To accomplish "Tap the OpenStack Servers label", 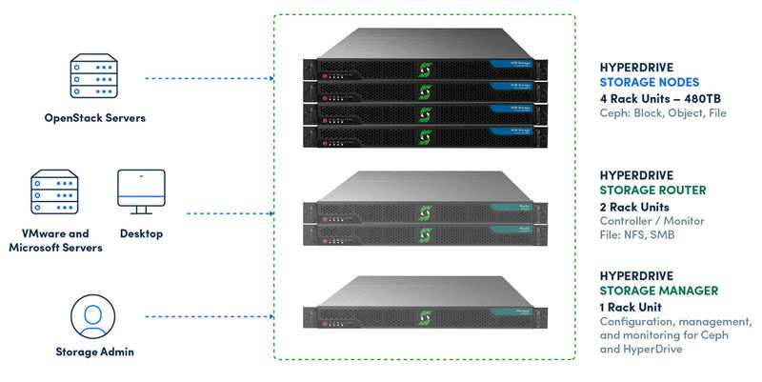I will (94, 118).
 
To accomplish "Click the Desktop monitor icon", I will (141, 191).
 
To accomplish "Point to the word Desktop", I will (141, 233).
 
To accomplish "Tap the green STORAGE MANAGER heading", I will (658, 291).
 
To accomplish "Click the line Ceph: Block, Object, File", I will (662, 114).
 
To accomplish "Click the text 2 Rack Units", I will (636, 207).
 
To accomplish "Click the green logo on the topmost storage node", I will (425, 69).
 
